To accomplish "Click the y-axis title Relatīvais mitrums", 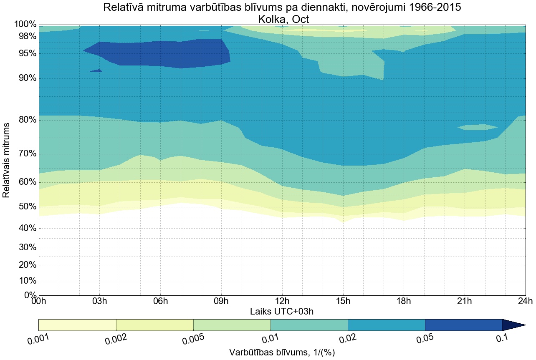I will [x=7, y=160].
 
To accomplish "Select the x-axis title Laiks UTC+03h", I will [x=282, y=311].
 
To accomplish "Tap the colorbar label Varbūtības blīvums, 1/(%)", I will [x=282, y=352].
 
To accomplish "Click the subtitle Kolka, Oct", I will [x=283, y=19].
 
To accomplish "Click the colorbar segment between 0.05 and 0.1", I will [x=463, y=325].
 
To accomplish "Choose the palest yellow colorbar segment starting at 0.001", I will [x=77, y=325].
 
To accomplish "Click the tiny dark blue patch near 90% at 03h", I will [x=96, y=70].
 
